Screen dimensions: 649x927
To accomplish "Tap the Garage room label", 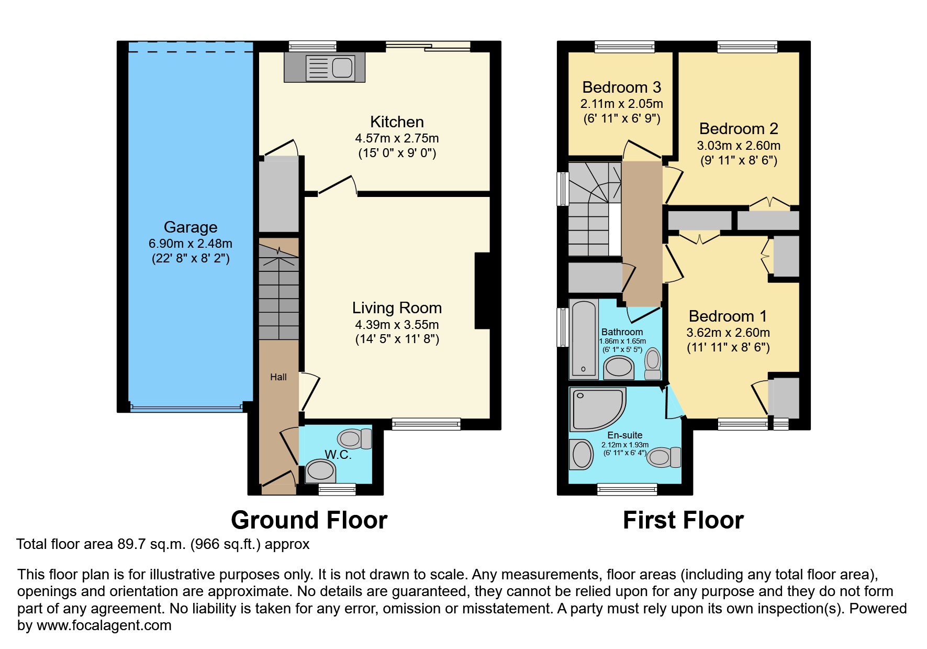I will tap(191, 227).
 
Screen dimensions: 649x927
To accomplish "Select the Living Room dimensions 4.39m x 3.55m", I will tap(397, 324).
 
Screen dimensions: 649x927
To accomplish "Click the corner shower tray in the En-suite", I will tap(596, 409).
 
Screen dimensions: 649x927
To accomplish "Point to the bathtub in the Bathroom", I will tap(584, 338).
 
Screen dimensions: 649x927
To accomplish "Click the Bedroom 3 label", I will tap(621, 87).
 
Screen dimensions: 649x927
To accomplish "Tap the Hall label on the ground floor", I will tap(278, 377).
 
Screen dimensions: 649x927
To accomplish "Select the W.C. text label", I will tap(338, 454).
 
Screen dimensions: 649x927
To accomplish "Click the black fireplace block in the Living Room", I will tap(482, 291).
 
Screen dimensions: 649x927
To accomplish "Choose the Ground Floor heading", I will tap(309, 520).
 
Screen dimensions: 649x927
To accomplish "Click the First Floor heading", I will tap(683, 520).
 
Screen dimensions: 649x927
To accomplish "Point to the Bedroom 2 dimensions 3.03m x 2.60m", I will tap(738, 146).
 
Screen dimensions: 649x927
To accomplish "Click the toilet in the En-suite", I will tap(663, 457).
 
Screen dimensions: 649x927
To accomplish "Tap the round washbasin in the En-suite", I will tap(581, 454).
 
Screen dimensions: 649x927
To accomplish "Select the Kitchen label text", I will tap(397, 122).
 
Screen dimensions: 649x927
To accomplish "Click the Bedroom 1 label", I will tap(728, 316).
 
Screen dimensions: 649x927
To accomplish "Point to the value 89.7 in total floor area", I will tap(130, 544).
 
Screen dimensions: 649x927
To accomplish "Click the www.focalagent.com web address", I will tap(104, 625).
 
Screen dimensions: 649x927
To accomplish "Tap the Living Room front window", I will tap(426, 424).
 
